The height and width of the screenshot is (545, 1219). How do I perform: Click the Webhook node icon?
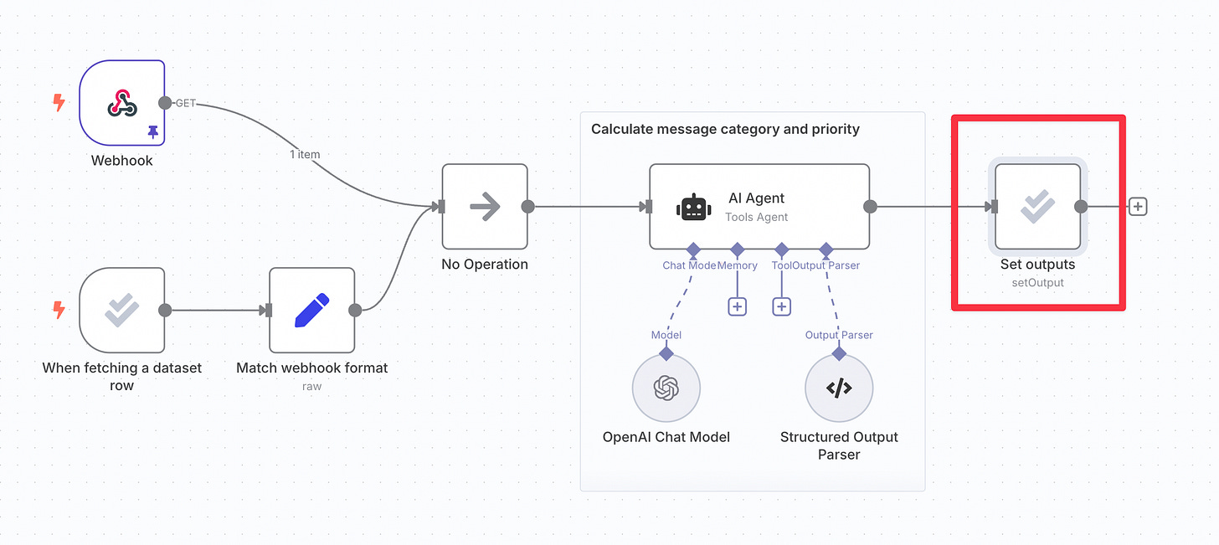122,103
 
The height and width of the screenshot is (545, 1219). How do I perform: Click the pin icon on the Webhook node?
152,131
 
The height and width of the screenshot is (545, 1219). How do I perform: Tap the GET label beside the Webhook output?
185,103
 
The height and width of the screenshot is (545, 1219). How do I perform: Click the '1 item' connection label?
304,154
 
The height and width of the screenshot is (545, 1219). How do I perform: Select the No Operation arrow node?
485,207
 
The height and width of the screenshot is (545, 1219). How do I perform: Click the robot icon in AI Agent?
693,207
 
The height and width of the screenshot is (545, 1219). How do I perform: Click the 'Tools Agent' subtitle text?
756,217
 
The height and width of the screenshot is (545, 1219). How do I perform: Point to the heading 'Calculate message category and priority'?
725,129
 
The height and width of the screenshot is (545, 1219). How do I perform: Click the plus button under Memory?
737,306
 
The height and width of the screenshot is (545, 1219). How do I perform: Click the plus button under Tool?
781,306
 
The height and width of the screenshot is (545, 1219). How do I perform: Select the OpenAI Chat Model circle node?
666,388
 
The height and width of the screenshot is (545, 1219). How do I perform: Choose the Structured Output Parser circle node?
839,388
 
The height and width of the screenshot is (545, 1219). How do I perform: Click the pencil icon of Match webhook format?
312,310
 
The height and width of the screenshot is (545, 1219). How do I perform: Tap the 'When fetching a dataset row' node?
122,310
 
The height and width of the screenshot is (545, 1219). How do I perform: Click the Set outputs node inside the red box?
1037,207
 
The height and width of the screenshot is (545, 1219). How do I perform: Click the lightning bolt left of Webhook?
59,103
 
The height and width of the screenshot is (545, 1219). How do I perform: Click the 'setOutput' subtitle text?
1037,282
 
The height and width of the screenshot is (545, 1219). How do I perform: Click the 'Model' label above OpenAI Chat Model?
666,335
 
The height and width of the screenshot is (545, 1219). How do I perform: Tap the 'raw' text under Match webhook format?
311,386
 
